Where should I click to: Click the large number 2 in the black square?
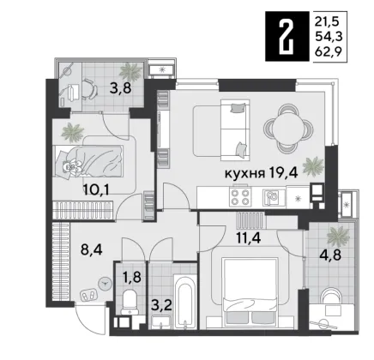click(x=287, y=37)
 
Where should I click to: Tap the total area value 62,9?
click(x=329, y=51)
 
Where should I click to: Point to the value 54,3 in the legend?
click(x=329, y=36)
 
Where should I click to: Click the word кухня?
click(x=244, y=173)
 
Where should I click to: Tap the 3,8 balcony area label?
click(x=120, y=88)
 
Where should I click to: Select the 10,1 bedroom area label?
click(x=96, y=189)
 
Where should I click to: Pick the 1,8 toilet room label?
click(x=132, y=277)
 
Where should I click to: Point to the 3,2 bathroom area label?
click(x=162, y=306)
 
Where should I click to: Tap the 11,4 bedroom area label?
click(x=249, y=238)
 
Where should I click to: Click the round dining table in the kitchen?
click(x=289, y=129)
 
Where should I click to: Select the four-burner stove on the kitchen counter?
click(x=240, y=197)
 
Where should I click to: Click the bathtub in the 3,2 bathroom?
click(x=185, y=302)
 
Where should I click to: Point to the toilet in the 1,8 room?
click(x=130, y=303)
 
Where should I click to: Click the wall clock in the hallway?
click(x=104, y=284)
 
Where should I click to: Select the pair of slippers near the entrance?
click(x=89, y=295)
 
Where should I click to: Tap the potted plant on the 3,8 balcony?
click(x=130, y=71)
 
